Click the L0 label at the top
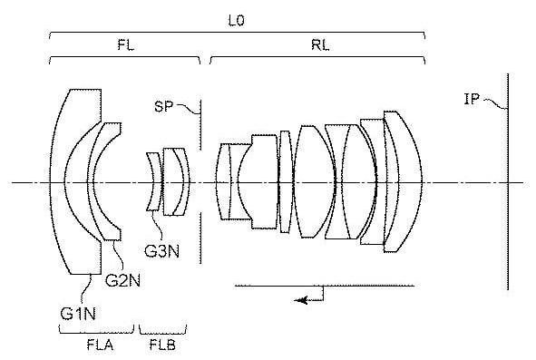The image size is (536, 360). click(x=236, y=21)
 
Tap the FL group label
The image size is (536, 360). click(x=125, y=44)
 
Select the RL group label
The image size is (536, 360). click(x=320, y=44)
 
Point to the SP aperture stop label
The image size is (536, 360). click(x=163, y=106)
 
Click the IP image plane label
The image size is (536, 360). click(x=472, y=99)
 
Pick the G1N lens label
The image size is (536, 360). click(x=78, y=314)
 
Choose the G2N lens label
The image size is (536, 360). click(x=122, y=280)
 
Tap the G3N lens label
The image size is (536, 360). click(x=162, y=251)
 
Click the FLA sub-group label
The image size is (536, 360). click(x=100, y=345)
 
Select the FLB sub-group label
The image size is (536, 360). click(x=162, y=345)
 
